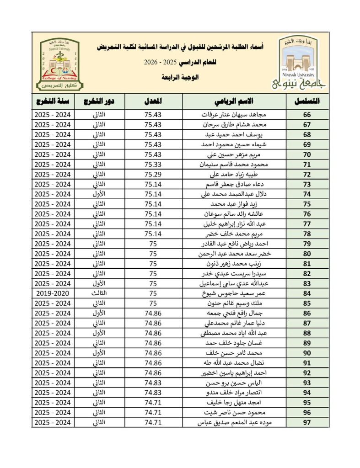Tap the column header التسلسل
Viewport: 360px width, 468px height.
[306, 101]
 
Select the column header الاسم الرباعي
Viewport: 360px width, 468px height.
[235, 101]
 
